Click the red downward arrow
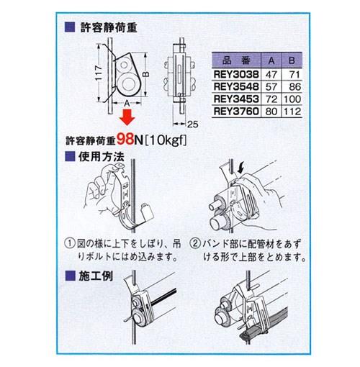[127, 117]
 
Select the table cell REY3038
[236, 74]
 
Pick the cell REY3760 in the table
[236, 112]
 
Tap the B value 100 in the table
[292, 99]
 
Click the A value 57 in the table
[271, 86]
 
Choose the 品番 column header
[236, 60]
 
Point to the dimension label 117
[99, 73]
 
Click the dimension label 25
[192, 124]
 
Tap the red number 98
[125, 139]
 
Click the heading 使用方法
[102, 157]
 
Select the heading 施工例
[96, 276]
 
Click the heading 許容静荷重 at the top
[109, 27]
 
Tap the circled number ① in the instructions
[70, 244]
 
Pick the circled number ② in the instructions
[196, 244]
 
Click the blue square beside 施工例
[70, 276]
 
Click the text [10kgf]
[166, 140]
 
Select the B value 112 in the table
[292, 112]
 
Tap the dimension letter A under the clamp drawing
[127, 103]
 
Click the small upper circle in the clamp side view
[124, 65]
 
